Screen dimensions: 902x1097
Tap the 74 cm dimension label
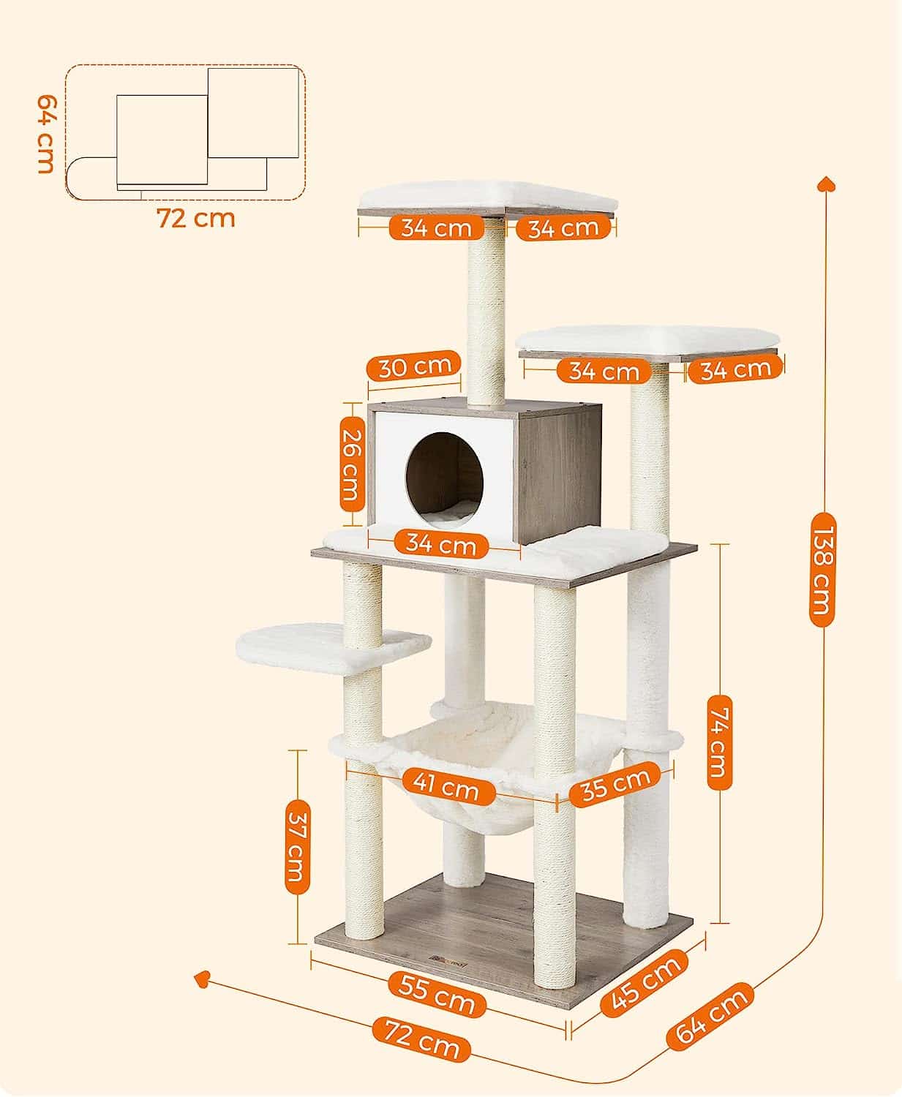pos(719,742)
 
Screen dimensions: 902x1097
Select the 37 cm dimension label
pos(297,847)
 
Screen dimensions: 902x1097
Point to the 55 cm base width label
pos(437,993)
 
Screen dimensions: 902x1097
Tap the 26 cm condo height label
pos(352,464)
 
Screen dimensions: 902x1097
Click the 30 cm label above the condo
pos(413,366)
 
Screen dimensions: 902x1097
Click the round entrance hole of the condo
pos(445,480)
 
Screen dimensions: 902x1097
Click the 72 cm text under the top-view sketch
pos(195,219)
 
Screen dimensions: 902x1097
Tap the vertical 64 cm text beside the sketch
pos(46,134)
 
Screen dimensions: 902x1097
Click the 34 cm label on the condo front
pos(441,544)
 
